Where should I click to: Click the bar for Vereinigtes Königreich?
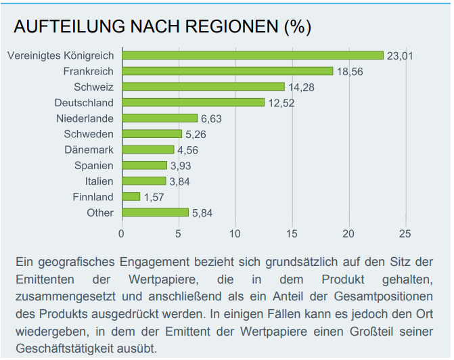tap(252, 55)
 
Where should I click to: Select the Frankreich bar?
tap(227, 71)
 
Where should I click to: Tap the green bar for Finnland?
tap(131, 197)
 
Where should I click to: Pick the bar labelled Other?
tap(155, 212)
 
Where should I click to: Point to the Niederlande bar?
tap(159, 118)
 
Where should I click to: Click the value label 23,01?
tap(400, 56)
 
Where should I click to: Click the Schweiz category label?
tap(93, 87)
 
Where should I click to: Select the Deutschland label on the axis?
tap(84, 103)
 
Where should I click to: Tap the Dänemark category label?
tap(89, 150)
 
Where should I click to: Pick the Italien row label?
tap(99, 181)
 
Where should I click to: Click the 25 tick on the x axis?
tap(405, 234)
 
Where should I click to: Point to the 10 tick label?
tap(235, 234)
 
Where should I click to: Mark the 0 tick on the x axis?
tap(121, 234)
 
